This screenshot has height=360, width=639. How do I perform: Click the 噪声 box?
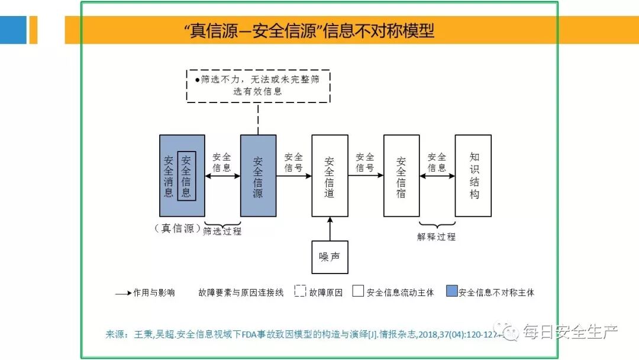point(330,257)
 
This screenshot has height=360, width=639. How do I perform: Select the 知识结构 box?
point(473,176)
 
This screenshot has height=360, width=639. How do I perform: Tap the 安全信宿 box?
point(401,176)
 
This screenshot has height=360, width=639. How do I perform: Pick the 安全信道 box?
point(330,176)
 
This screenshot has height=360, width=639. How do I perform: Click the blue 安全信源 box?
point(258,176)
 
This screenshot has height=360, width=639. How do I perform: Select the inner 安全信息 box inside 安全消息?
point(186,176)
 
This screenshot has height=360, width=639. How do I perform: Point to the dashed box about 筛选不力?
point(258,86)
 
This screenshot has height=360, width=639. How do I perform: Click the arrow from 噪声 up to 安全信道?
point(330,229)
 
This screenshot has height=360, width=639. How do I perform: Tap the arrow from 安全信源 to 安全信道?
point(293,176)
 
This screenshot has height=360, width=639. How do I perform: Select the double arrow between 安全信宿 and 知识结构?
point(437,176)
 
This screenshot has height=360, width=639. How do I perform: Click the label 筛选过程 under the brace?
point(222,231)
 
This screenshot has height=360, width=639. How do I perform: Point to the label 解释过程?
point(437,237)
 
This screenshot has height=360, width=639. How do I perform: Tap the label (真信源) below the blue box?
point(177,229)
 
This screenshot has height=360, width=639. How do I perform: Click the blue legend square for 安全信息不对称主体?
point(453,291)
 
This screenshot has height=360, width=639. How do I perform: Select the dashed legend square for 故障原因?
point(300,291)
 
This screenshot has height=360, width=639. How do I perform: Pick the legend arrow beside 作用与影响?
point(122,292)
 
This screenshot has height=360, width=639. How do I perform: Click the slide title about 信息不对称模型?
point(309,30)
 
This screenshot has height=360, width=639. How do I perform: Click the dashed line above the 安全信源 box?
point(258,118)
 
